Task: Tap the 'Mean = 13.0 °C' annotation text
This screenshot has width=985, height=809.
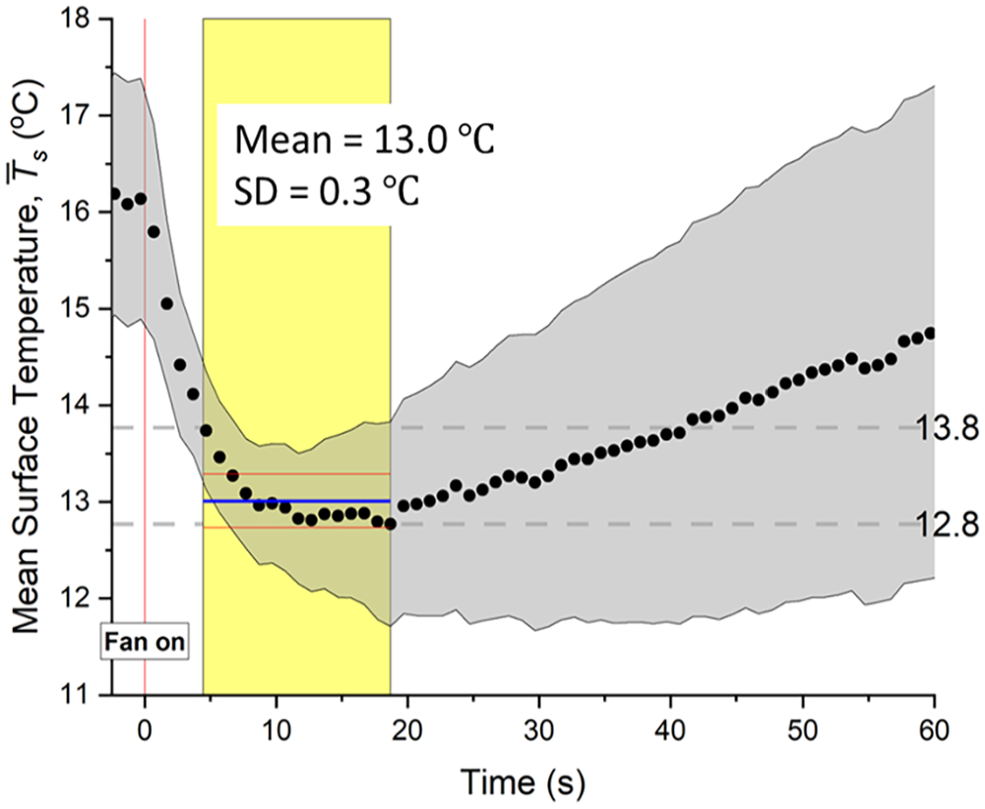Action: (364, 139)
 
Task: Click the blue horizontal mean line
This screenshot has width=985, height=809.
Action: (295, 501)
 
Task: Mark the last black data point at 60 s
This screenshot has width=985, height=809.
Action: (932, 333)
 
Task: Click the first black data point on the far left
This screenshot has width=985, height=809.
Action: (115, 194)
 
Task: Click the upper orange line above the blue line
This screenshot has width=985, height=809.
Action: (295, 474)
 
